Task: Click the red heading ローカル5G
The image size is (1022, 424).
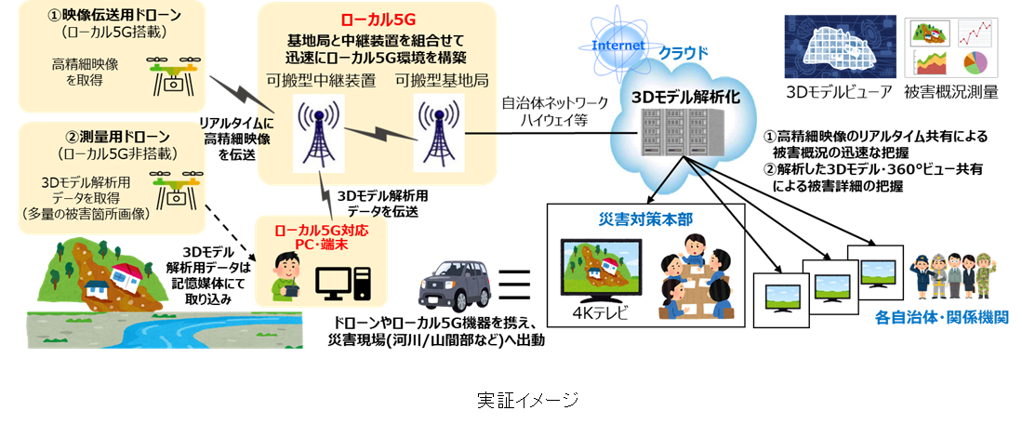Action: click(376, 18)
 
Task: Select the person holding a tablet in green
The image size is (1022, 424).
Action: click(287, 277)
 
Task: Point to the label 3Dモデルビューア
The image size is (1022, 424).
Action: click(840, 92)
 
